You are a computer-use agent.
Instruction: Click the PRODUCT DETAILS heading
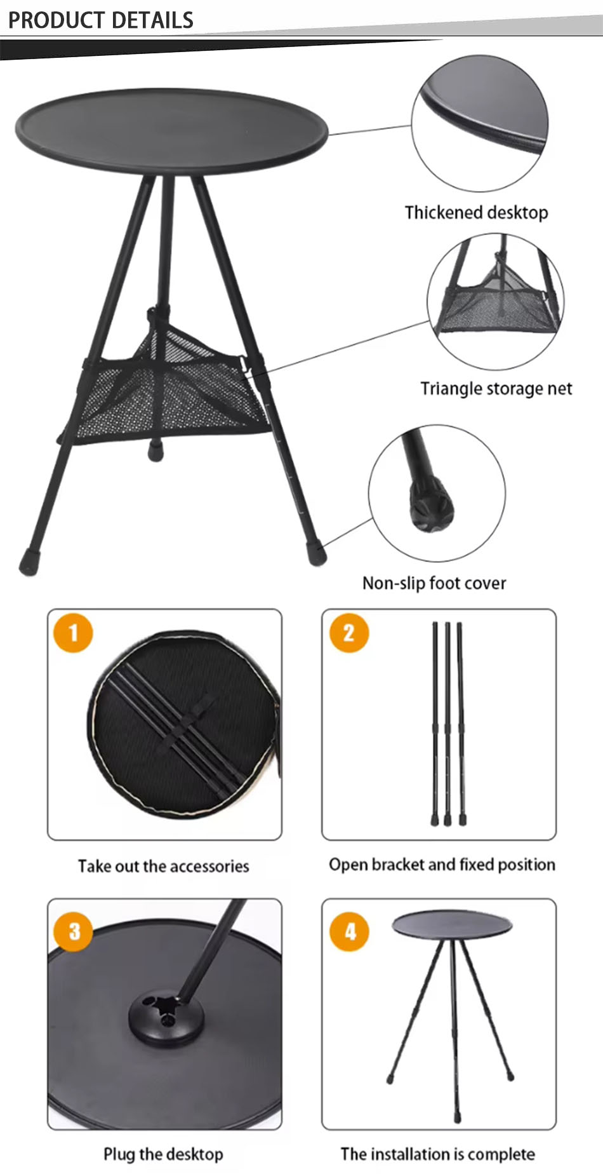100,20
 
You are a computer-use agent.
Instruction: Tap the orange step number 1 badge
73,633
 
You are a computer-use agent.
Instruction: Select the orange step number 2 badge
348,633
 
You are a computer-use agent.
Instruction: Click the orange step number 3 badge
74,931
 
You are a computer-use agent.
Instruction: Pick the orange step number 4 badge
349,931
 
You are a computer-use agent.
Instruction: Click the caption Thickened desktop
476,212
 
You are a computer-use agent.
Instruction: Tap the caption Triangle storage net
496,388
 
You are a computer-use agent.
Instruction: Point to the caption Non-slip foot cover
434,583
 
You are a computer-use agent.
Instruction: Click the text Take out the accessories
163,866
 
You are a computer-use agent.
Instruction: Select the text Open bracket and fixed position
442,865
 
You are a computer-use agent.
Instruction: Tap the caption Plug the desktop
163,1154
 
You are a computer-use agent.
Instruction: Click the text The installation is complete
437,1154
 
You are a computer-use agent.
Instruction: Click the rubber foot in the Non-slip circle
432,509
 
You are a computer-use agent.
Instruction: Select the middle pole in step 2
447,724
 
